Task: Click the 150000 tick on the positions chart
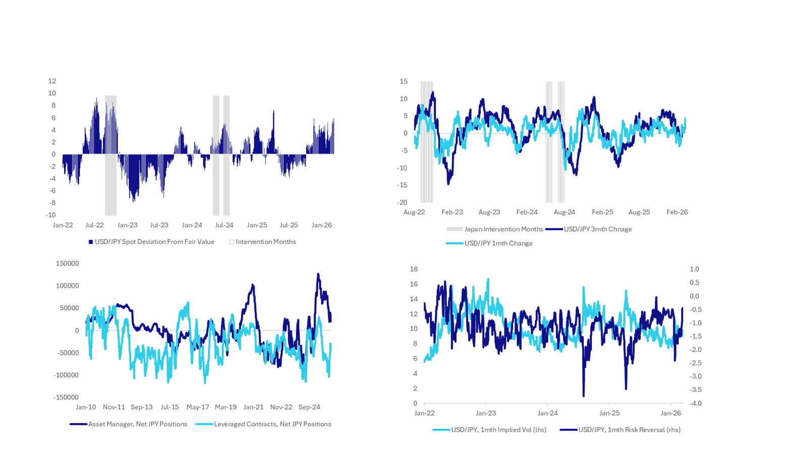pos(67,263)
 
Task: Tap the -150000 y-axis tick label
pos(66,397)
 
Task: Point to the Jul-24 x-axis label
pos(224,225)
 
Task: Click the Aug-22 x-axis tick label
pos(414,212)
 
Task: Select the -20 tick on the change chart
pos(402,202)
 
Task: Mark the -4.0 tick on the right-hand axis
pos(695,403)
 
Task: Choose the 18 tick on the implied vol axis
pos(414,269)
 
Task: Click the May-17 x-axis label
pos(197,407)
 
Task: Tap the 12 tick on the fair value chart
pos(52,81)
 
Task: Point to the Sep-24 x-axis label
pos(309,407)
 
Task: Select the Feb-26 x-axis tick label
pos(677,212)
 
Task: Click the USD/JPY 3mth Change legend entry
pos(597,229)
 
